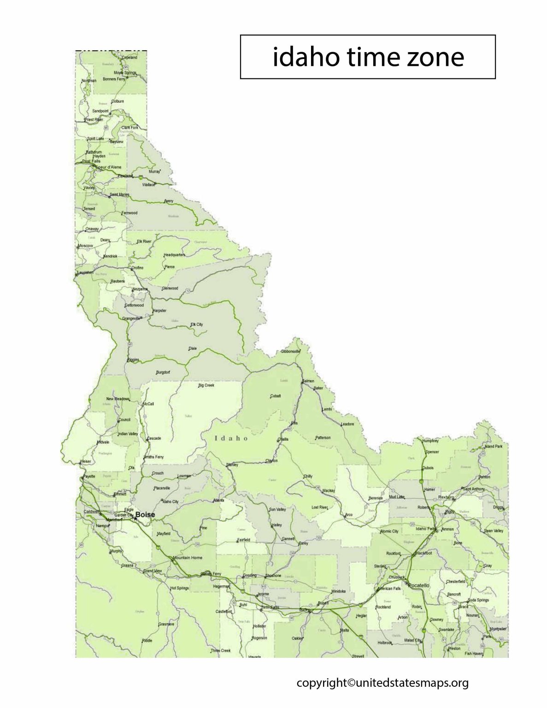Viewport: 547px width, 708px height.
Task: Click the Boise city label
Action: [x=145, y=514]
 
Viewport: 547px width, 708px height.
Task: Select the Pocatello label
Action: [x=419, y=585]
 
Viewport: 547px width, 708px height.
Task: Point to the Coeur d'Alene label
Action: [x=109, y=167]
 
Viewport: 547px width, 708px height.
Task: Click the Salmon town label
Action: [x=308, y=381]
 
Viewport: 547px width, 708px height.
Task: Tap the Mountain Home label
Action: [x=188, y=558]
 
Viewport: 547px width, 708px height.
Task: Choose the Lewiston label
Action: [x=85, y=272]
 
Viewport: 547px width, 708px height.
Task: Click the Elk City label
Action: [x=197, y=324]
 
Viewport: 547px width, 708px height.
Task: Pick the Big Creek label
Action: [x=206, y=385]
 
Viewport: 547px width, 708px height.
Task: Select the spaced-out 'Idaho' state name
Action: [x=231, y=438]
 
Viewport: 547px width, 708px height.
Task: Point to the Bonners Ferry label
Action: [x=114, y=79]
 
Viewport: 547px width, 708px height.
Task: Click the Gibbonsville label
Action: [x=290, y=352]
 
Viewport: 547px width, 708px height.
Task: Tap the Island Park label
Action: [x=493, y=446]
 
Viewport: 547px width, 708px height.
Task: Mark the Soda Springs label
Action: [x=478, y=600]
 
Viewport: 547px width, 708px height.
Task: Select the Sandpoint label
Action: [x=100, y=111]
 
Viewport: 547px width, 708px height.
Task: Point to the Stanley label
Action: [x=232, y=465]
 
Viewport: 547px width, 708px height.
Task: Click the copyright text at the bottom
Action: [x=382, y=683]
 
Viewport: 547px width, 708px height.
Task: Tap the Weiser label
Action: [x=86, y=461]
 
